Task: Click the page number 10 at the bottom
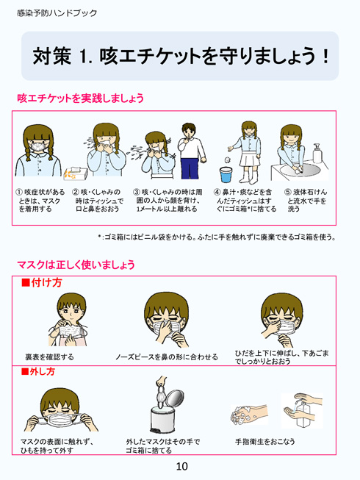point(181,466)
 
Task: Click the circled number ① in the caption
point(19,192)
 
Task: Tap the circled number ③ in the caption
point(137,192)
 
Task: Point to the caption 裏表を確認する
point(49,357)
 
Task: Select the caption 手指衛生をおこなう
point(264,441)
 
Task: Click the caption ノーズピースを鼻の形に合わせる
point(167,357)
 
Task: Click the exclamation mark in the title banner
point(324,56)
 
